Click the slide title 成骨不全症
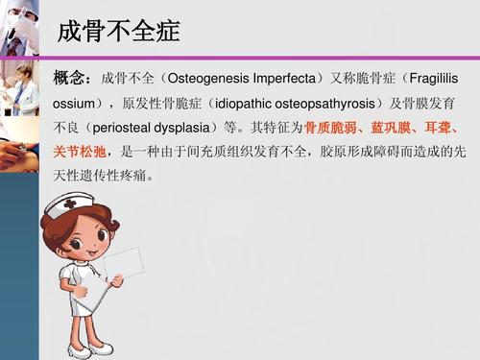(x=118, y=32)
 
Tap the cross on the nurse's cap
(x=69, y=204)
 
